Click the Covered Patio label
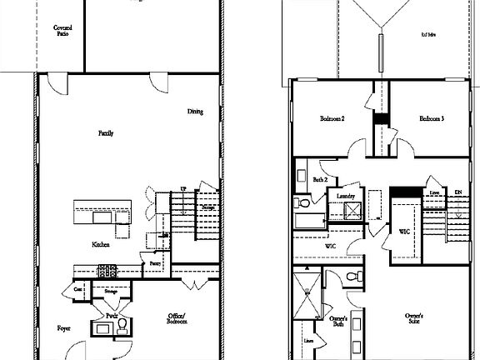[62, 31]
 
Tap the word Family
[106, 133]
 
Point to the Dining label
[195, 112]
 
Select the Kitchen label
[102, 244]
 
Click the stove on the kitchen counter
[107, 270]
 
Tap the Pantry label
[155, 264]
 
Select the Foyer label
[63, 328]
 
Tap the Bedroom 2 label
[332, 119]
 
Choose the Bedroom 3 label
[431, 119]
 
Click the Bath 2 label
[319, 179]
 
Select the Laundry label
[346, 197]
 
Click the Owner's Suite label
[415, 319]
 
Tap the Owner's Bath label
[338, 321]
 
